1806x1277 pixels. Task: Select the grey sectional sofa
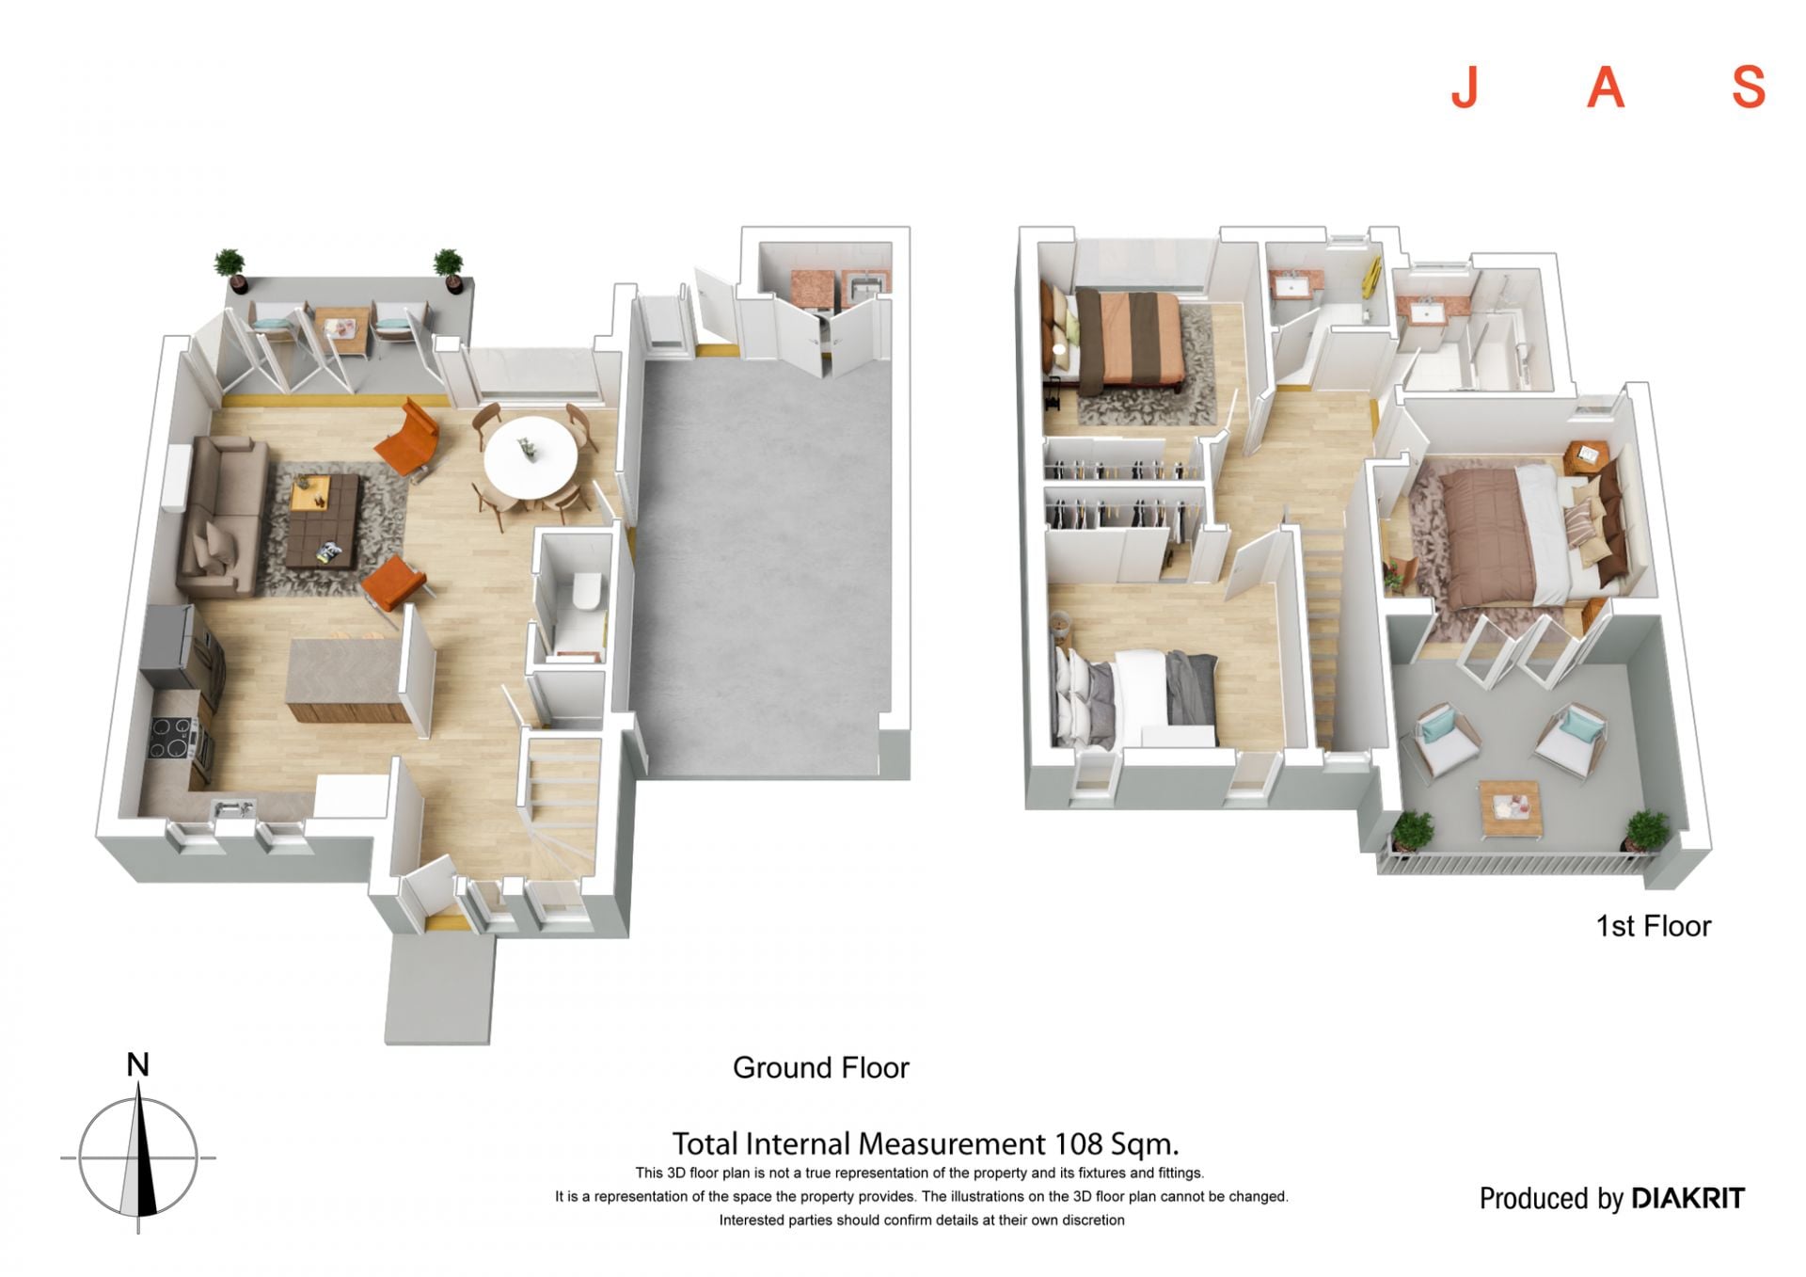tap(222, 516)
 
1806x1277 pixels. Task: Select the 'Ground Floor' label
tap(821, 1068)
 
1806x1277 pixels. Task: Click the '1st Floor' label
tap(1654, 926)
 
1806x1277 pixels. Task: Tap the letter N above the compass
tap(138, 1065)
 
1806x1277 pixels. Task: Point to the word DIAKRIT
tap(1688, 1198)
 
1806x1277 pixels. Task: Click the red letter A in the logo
tap(1607, 88)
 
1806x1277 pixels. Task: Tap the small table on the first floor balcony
tap(1512, 809)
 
